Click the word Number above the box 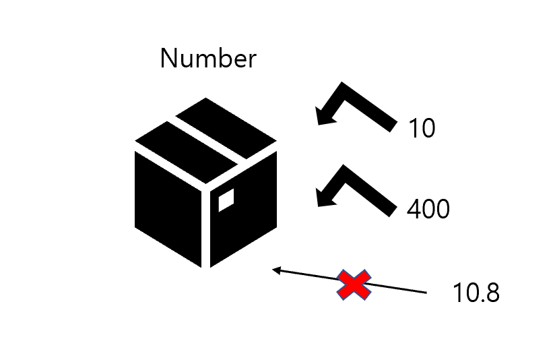[x=208, y=59]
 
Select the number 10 [x=422, y=128]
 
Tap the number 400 [x=428, y=210]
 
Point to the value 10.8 [x=476, y=294]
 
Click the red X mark [x=354, y=284]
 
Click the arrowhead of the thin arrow [x=275, y=270]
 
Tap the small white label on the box [x=226, y=200]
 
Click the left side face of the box [x=168, y=206]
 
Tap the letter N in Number [x=168, y=59]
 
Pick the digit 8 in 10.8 [x=492, y=294]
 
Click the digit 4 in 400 [x=414, y=210]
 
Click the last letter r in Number [x=253, y=61]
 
